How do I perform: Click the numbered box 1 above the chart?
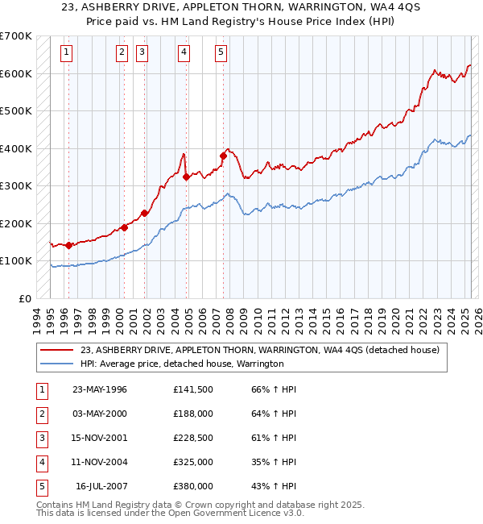[65, 53]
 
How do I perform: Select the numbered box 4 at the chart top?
[184, 53]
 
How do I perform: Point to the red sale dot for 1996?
[68, 245]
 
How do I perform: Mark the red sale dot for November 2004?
[186, 177]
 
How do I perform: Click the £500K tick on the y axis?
[16, 111]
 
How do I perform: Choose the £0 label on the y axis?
[26, 298]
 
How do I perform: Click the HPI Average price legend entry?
[182, 364]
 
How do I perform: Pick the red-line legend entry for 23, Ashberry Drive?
[259, 350]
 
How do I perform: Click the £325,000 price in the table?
[193, 462]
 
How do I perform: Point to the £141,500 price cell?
[193, 389]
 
